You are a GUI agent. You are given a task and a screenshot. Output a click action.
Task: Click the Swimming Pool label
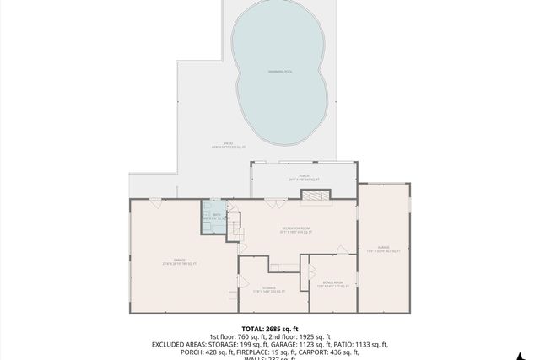[x=280, y=72]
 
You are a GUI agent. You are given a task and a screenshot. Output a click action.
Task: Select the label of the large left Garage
[x=180, y=262]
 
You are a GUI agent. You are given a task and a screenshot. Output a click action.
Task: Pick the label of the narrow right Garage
[x=383, y=250]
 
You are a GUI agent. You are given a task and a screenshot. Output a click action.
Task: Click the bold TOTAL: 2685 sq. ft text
[x=270, y=328]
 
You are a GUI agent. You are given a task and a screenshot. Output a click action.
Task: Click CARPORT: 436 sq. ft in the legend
[x=341, y=352]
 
